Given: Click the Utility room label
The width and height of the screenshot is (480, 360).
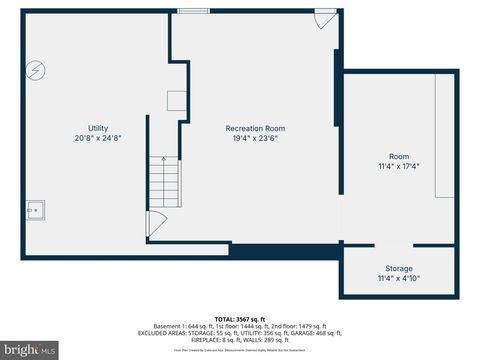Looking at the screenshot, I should pyautogui.click(x=98, y=128).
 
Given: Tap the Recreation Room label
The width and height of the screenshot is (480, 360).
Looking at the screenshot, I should pyautogui.click(x=255, y=128).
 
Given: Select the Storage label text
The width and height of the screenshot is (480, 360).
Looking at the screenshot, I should pyautogui.click(x=398, y=268).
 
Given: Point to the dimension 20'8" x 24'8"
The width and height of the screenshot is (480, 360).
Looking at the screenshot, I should pyautogui.click(x=98, y=138).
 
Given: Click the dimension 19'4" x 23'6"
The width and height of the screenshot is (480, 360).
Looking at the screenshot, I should pyautogui.click(x=255, y=138).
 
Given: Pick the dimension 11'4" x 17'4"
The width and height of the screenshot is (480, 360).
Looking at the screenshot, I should pyautogui.click(x=399, y=166).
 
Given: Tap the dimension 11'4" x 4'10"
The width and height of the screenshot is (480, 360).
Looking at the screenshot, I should pyautogui.click(x=398, y=278).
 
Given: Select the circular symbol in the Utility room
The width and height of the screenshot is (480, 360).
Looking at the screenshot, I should pyautogui.click(x=36, y=71).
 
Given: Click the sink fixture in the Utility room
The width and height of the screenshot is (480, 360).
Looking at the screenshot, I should pyautogui.click(x=36, y=210).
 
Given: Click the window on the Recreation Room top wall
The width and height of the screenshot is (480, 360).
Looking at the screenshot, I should pyautogui.click(x=193, y=11).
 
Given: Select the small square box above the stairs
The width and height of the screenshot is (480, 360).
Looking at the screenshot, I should pyautogui.click(x=176, y=100).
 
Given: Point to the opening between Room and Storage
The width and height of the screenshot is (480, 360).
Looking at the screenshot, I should pyautogui.click(x=393, y=245).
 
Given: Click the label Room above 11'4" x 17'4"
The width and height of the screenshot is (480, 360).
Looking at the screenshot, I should pyautogui.click(x=399, y=156).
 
